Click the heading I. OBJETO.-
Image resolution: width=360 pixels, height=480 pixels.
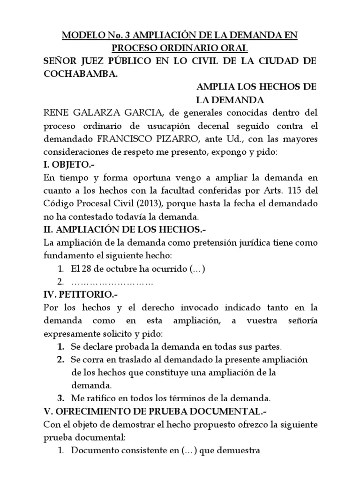(71, 165)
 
